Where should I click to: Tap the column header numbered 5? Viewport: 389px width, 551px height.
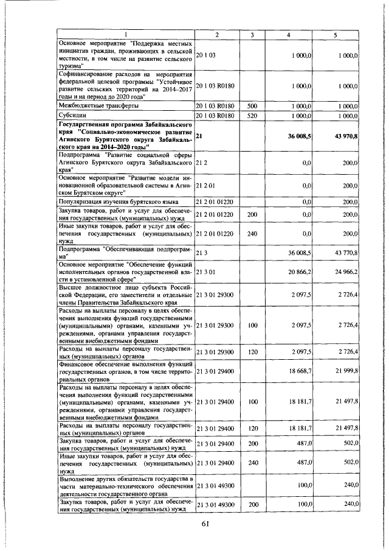point(335,35)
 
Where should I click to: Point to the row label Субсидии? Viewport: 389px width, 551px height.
point(72,114)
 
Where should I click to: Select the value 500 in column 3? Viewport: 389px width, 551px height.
point(253,105)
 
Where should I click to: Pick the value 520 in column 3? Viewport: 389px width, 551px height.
point(253,114)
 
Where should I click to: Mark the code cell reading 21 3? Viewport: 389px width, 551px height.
point(203,252)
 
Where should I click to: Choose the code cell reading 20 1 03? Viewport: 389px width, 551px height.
point(207,55)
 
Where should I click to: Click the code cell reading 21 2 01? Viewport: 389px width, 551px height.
point(207,185)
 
